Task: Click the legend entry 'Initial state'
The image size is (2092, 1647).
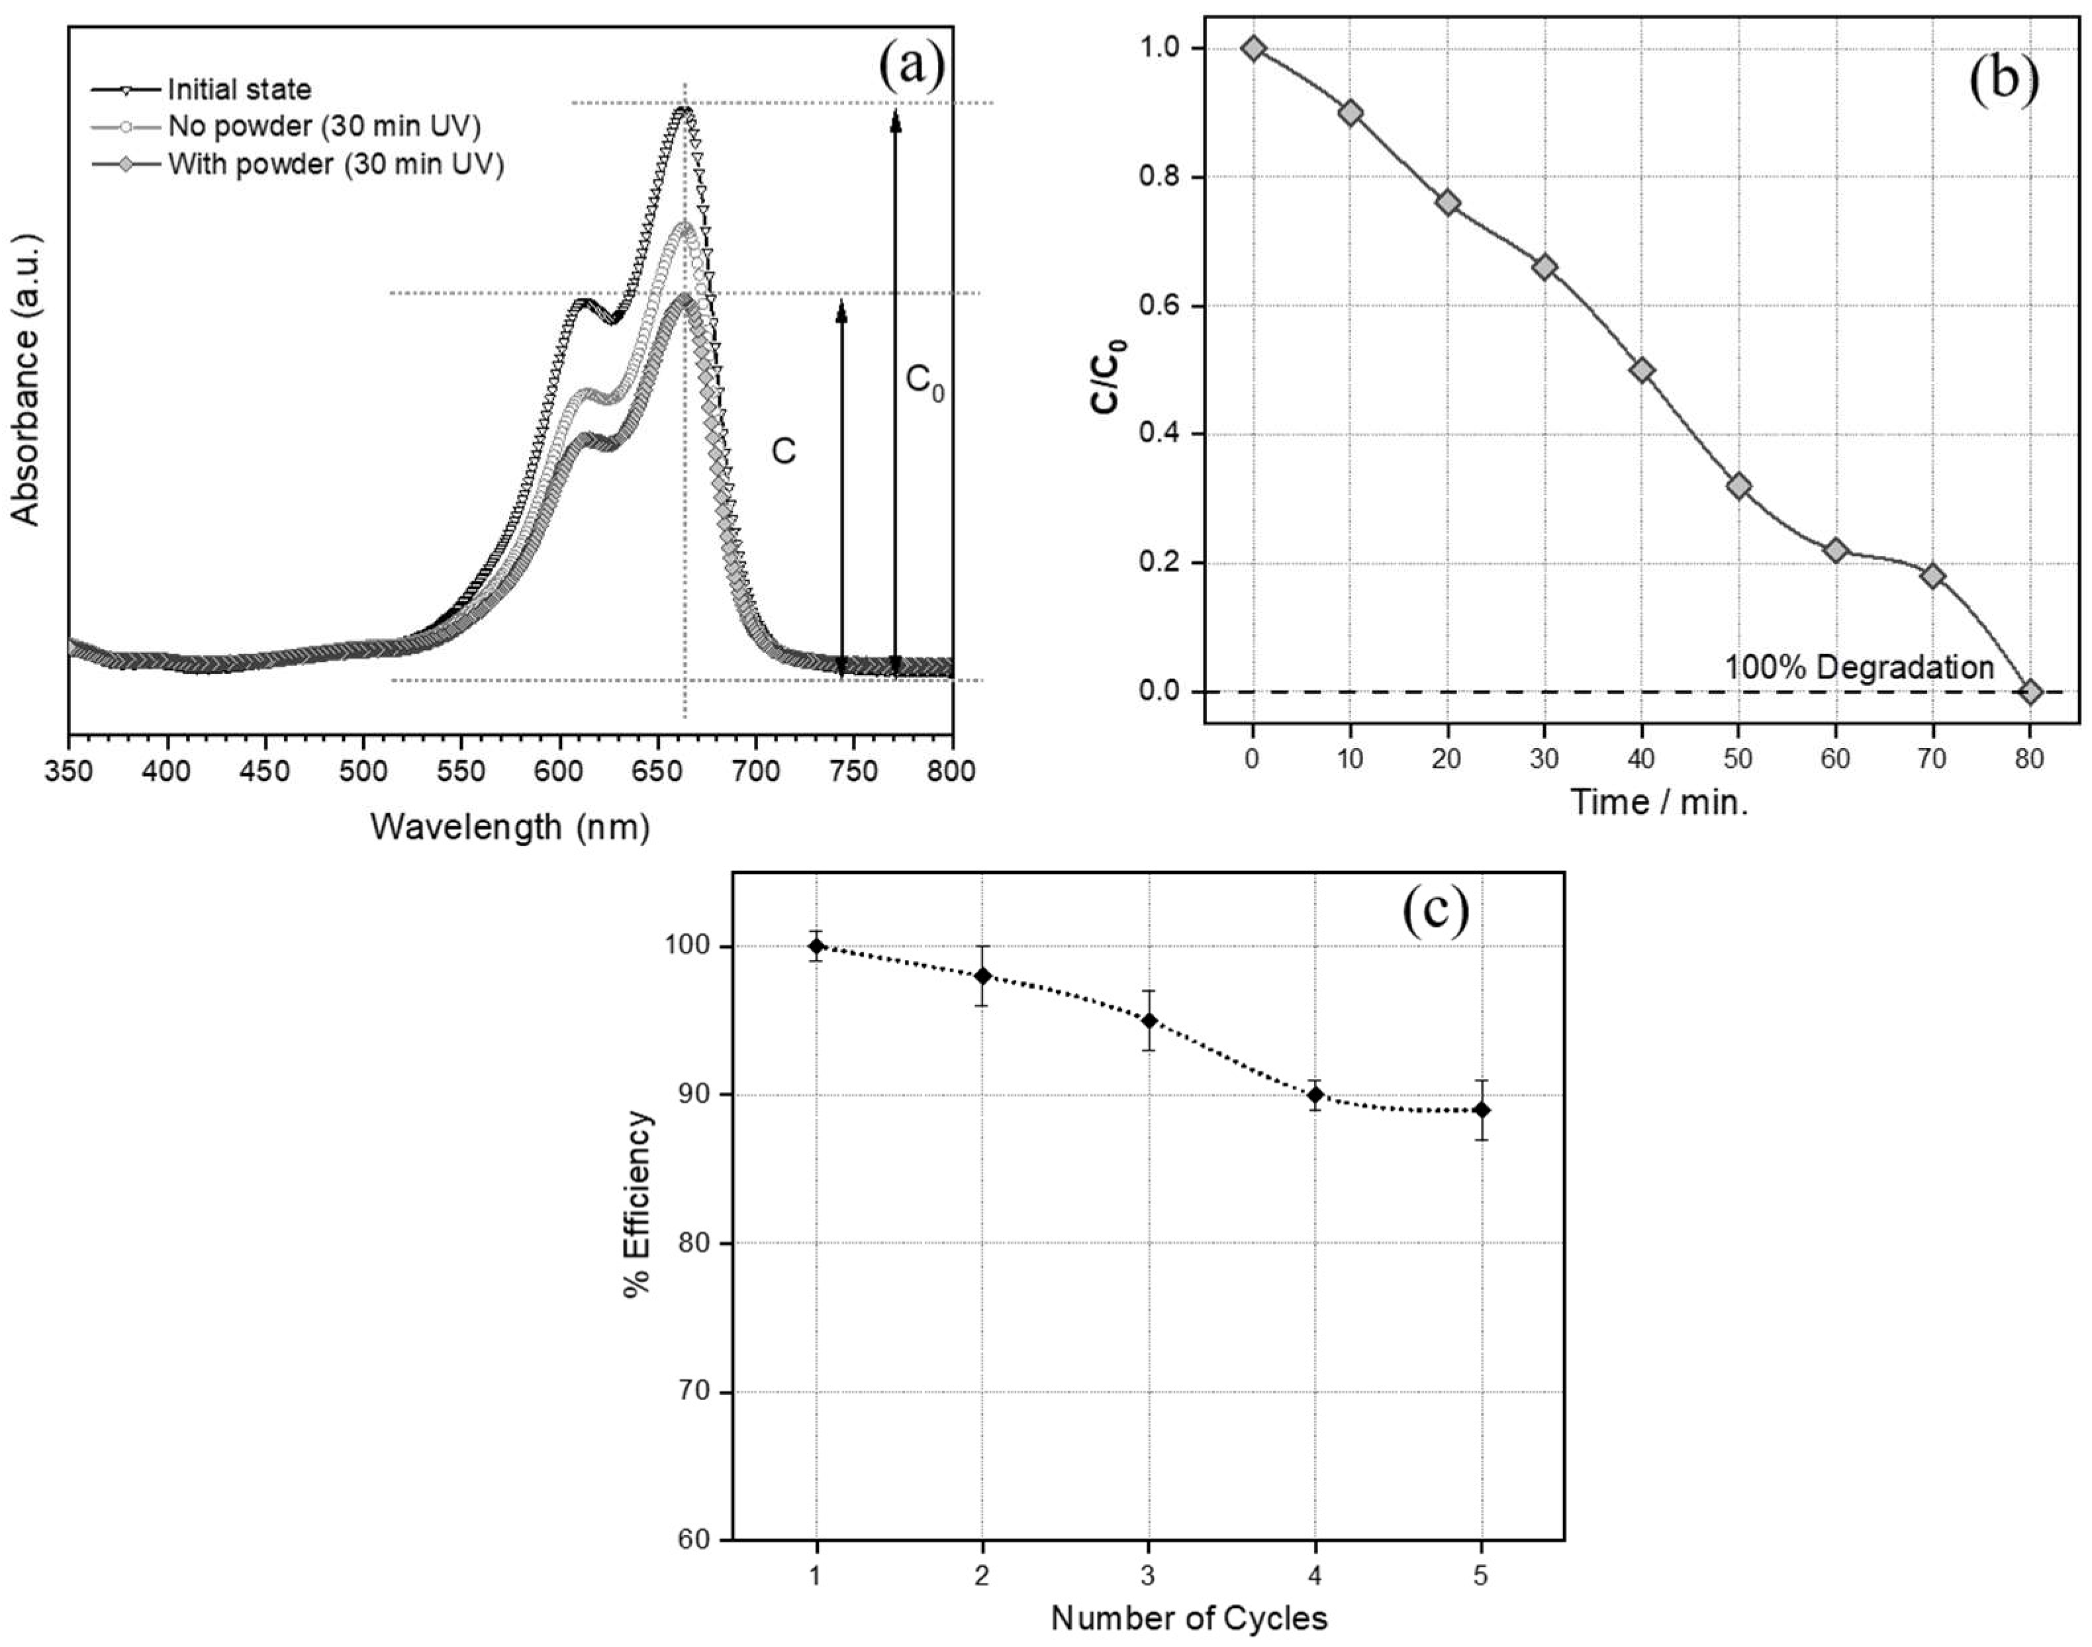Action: click(x=238, y=89)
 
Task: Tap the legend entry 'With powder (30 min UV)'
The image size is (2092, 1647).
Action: click(x=335, y=164)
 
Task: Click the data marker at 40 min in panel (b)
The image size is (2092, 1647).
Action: click(x=1642, y=370)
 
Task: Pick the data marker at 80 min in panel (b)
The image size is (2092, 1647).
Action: click(x=2030, y=691)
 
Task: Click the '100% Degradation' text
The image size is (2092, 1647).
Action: click(x=1858, y=667)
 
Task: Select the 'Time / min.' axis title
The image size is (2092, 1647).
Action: click(x=1659, y=802)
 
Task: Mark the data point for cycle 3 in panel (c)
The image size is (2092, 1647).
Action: click(x=1149, y=1020)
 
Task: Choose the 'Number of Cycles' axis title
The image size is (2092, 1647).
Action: click(x=1188, y=1618)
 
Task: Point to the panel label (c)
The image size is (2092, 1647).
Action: click(x=1435, y=910)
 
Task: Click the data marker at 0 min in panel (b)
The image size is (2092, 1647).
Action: click(x=1253, y=48)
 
